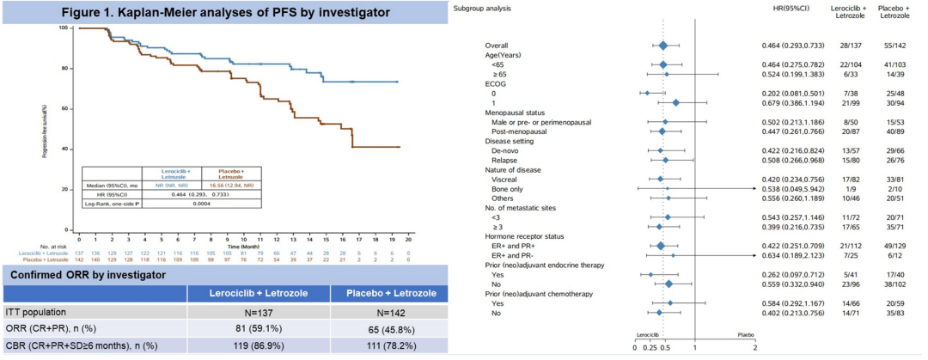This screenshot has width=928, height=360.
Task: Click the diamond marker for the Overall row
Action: click(x=663, y=46)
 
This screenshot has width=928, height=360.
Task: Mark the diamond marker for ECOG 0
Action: click(x=647, y=93)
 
